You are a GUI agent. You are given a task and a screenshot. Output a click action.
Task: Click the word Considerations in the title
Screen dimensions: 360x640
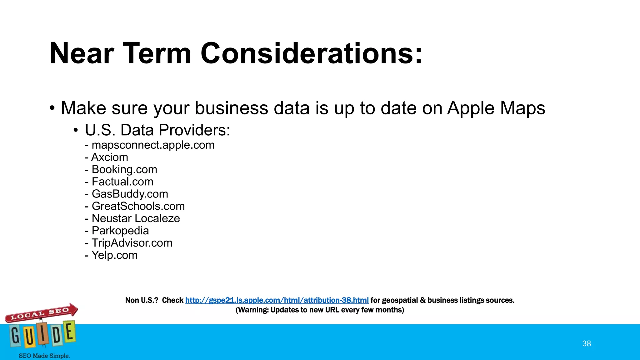click(311, 54)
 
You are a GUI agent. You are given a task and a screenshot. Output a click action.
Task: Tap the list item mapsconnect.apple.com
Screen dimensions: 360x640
click(153, 145)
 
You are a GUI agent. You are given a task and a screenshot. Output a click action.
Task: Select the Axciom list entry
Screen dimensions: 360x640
click(109, 157)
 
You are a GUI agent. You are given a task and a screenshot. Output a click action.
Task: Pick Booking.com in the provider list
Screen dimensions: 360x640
click(124, 169)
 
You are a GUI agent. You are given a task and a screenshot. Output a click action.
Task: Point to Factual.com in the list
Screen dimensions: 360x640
click(122, 182)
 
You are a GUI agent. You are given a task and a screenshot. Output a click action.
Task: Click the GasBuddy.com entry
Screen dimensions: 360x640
click(130, 194)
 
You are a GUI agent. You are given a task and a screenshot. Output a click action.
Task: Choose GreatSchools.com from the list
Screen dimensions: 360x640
click(138, 206)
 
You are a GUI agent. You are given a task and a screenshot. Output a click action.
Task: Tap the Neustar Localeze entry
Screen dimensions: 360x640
click(136, 218)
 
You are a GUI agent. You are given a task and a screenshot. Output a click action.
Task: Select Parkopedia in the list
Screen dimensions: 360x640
click(120, 231)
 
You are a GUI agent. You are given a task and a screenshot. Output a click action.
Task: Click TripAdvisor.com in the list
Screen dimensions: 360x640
click(132, 243)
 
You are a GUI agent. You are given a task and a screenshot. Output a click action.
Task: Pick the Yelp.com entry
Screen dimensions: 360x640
click(114, 255)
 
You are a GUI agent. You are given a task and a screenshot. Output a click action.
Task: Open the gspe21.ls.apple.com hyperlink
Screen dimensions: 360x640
click(277, 300)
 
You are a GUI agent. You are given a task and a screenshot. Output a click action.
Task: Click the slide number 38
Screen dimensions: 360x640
click(587, 343)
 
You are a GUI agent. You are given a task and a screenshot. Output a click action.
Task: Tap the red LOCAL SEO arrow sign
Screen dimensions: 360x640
click(41, 313)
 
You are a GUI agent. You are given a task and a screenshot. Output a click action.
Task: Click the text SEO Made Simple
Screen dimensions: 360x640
click(44, 356)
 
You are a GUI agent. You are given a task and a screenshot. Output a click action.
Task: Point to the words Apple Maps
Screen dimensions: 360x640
click(496, 108)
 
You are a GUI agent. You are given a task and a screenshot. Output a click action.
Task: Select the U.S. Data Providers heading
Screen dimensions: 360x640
click(157, 130)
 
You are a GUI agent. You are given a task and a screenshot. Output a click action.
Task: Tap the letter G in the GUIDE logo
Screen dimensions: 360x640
click(15, 336)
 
